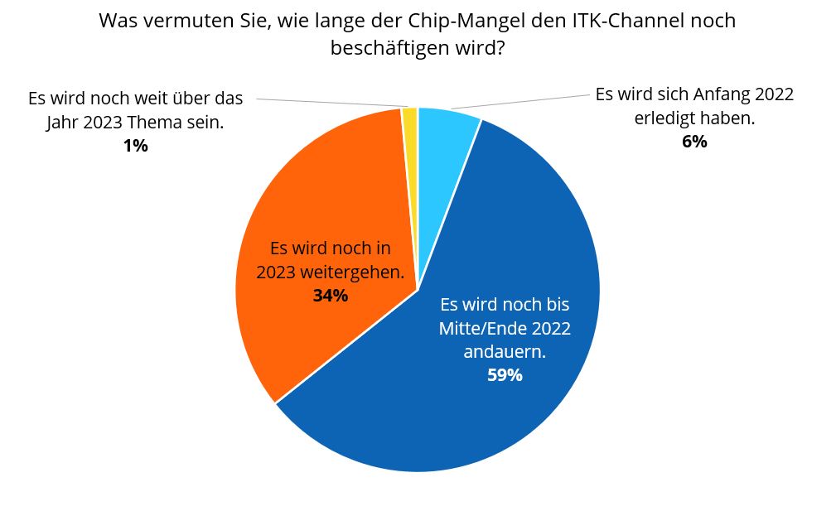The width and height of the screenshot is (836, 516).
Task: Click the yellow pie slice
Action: (x=409, y=124)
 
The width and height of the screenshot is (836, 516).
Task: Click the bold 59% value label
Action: (x=505, y=375)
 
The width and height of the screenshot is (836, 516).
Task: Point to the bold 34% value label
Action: (x=331, y=295)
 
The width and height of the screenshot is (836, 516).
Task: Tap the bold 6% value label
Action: (x=694, y=142)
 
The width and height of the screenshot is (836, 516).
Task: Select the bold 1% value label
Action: (x=135, y=147)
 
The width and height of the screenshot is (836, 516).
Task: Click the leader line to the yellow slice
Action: (x=331, y=103)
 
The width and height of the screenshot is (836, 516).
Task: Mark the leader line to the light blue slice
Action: (x=522, y=100)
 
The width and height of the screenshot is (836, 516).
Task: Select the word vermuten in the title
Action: (x=183, y=21)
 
